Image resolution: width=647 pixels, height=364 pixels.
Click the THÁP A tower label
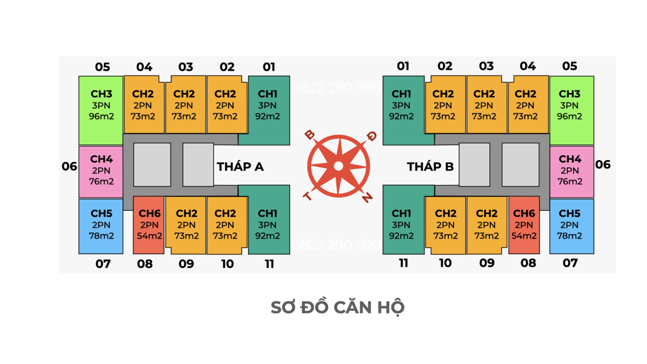(240, 167)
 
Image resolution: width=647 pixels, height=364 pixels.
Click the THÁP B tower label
(430, 167)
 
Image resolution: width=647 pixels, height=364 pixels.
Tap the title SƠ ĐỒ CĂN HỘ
(337, 308)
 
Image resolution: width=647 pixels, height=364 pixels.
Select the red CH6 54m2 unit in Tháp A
(149, 225)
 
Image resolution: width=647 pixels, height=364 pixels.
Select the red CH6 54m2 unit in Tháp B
(524, 225)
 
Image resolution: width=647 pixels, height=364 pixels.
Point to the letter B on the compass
(310, 135)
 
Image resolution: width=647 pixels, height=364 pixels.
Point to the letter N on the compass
(367, 197)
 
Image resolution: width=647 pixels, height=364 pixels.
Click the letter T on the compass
(307, 196)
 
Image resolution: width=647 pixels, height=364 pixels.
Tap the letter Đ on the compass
(371, 136)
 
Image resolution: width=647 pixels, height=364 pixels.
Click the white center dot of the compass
(338, 166)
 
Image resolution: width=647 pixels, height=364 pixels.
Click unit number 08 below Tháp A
(144, 264)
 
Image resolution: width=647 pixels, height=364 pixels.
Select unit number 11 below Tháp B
(403, 263)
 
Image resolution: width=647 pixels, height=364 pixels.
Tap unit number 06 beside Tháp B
(603, 165)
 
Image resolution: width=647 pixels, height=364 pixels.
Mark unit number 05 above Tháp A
(102, 67)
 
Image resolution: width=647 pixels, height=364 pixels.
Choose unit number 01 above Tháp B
(403, 66)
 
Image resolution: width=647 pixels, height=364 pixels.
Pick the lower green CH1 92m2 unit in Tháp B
(401, 225)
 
